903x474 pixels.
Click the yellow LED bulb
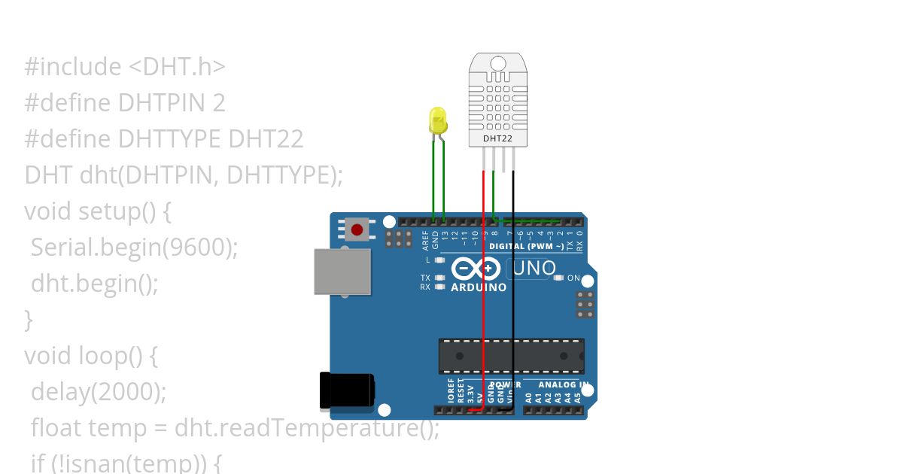437,120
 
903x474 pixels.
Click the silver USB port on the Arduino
342,272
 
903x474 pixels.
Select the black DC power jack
346,391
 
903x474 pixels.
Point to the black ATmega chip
512,356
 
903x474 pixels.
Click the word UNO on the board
534,268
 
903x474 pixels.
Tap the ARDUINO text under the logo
479,287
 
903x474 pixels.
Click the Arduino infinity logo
476,269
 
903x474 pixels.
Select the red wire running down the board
483,301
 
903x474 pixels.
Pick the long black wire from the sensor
513,301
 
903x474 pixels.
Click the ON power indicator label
573,278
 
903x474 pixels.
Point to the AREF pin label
426,240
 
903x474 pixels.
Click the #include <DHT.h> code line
125,67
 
